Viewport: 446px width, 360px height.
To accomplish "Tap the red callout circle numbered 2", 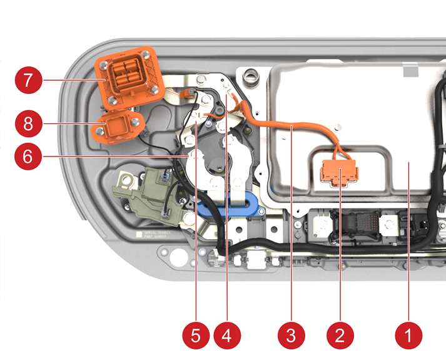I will click(340, 335).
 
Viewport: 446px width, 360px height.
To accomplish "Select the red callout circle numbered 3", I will click(290, 335).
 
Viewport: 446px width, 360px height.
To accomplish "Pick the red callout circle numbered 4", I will click(226, 335).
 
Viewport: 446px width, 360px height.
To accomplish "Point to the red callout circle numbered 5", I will click(196, 335).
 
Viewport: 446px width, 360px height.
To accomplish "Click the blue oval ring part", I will click(229, 204).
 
